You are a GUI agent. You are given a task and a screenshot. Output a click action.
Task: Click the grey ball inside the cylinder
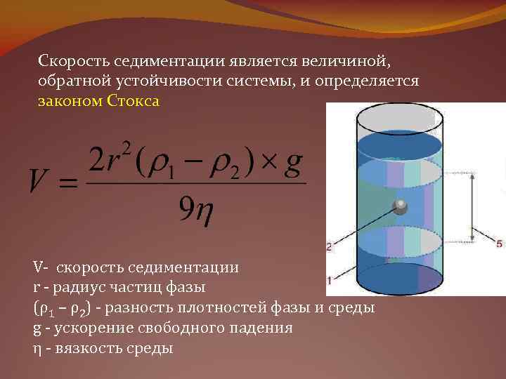[x=400, y=207]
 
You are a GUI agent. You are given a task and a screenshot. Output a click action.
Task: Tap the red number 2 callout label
[x=329, y=246]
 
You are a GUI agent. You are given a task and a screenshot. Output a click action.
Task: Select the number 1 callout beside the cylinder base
[x=329, y=279]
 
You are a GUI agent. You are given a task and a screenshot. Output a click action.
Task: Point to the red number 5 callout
[x=499, y=244]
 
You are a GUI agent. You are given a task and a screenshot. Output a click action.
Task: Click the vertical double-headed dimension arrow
[x=471, y=207]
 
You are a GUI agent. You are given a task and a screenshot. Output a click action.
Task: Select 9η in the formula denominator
[x=195, y=207]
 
